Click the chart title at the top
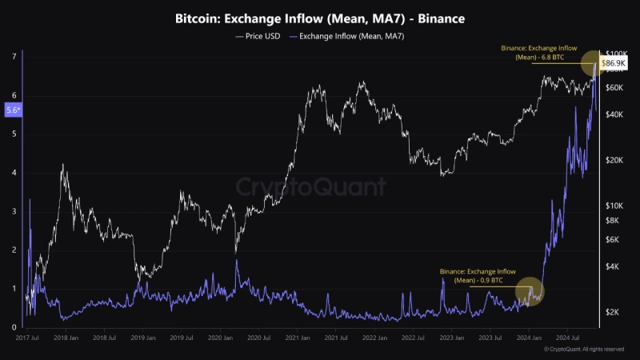point(320,17)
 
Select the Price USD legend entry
point(257,37)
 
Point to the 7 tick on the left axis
point(14,56)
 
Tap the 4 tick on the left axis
point(14,173)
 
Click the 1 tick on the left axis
point(14,289)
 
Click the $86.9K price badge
point(614,62)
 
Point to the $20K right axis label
point(614,160)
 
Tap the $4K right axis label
point(612,266)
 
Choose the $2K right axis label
point(612,312)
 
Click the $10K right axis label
point(614,206)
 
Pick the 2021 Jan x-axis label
point(297,338)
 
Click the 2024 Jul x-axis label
point(567,338)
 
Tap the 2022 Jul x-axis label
point(413,338)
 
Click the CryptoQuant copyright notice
point(583,350)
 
